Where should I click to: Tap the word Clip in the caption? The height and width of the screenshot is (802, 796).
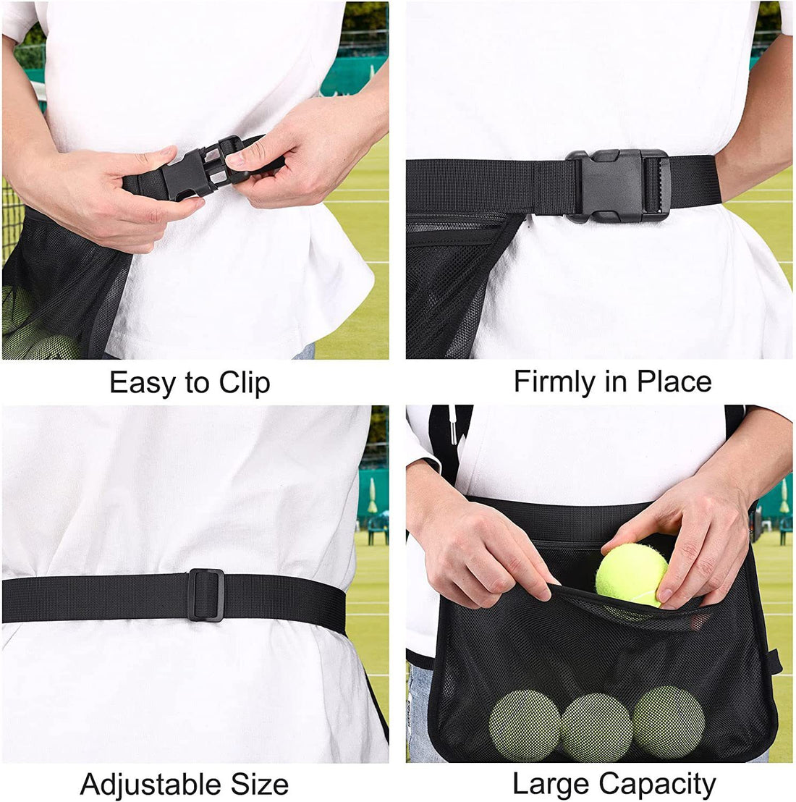(x=245, y=383)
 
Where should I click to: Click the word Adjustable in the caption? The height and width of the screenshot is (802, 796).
(x=142, y=785)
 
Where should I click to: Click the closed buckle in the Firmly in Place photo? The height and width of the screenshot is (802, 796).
(x=618, y=186)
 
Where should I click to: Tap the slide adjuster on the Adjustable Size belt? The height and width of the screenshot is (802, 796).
(x=206, y=595)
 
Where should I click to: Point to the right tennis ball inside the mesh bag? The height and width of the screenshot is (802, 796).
(x=668, y=722)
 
